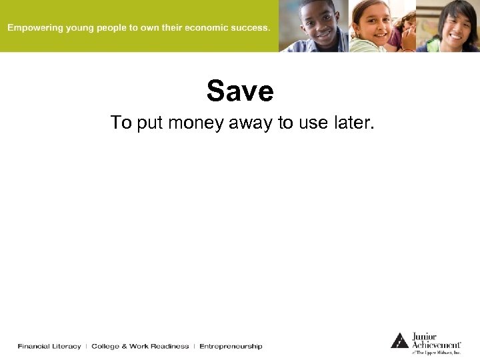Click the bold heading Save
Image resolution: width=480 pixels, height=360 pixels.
click(240, 91)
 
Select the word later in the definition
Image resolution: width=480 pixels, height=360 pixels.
click(351, 123)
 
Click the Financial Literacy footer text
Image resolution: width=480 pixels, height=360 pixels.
click(49, 346)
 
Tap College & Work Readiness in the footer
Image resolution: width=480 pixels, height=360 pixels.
click(140, 346)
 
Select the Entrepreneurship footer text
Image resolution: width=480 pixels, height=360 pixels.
click(231, 346)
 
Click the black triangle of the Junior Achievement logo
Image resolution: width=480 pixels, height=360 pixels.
click(399, 341)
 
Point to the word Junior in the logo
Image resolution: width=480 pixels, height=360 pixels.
click(425, 337)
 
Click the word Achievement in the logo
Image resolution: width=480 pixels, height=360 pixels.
click(436, 345)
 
